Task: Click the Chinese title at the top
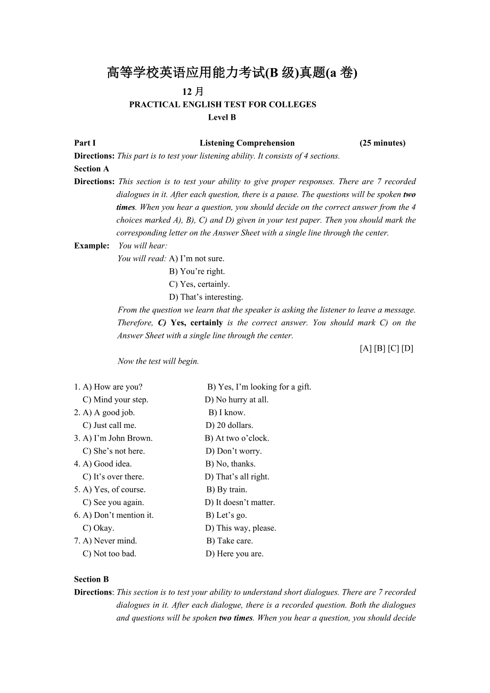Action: coord(232,73)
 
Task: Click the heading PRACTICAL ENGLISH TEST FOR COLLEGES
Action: coord(223,105)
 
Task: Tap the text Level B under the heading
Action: coord(222,118)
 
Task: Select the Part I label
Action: coord(85,143)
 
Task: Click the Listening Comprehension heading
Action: coord(247,143)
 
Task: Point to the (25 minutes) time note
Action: coord(382,143)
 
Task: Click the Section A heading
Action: coord(92,169)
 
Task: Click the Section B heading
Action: coord(92,580)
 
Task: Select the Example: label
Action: coord(92,246)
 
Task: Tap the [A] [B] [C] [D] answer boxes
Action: coord(387,349)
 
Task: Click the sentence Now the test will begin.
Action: coord(158,361)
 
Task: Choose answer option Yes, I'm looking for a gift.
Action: coord(259,387)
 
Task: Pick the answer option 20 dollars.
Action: coord(230,425)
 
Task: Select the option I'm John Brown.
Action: coord(118,439)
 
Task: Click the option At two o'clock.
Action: coord(237,439)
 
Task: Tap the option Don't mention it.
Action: coord(118,515)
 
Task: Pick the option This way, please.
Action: coord(241,528)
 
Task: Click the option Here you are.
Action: coord(235,554)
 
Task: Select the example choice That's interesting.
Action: coord(206,297)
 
